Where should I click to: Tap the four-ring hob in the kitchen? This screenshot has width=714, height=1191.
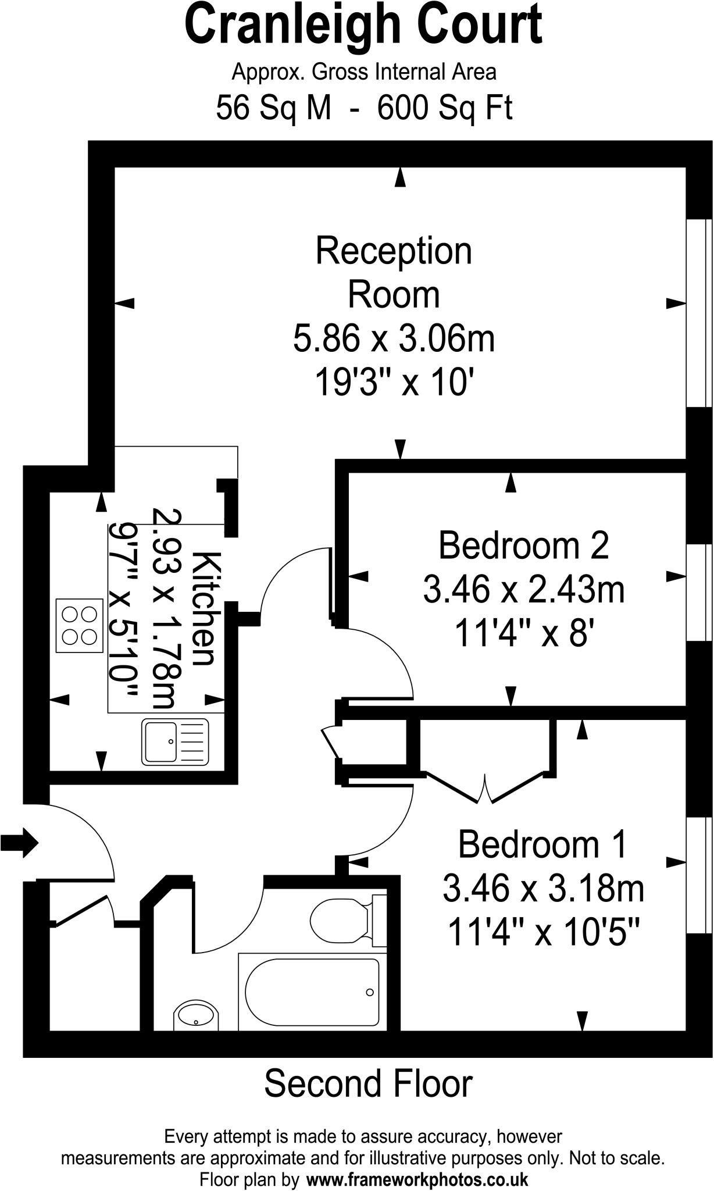(x=79, y=625)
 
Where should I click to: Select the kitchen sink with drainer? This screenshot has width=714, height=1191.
(x=175, y=741)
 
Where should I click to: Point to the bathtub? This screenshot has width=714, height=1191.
(x=312, y=992)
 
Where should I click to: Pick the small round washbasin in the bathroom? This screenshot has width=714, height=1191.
(x=196, y=1017)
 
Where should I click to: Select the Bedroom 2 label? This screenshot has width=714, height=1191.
(x=523, y=545)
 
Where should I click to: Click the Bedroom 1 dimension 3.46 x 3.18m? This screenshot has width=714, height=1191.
(x=543, y=889)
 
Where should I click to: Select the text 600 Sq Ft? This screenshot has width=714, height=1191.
(x=445, y=108)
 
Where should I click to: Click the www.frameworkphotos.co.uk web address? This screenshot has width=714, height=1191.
(x=417, y=1180)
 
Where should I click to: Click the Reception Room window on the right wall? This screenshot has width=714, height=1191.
(x=699, y=313)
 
